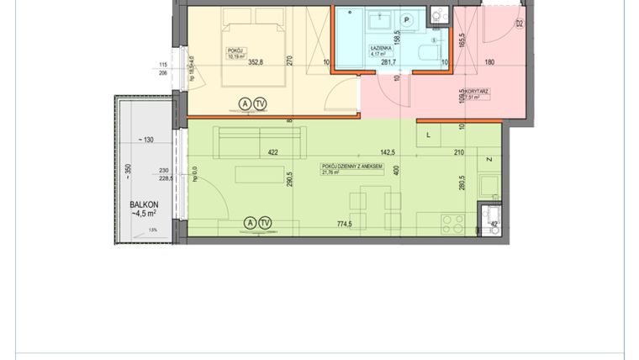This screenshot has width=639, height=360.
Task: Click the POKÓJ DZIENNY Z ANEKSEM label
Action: click(x=352, y=167)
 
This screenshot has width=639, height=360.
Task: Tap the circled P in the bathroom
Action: click(x=407, y=20)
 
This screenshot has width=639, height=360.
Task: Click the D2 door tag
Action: click(x=519, y=24)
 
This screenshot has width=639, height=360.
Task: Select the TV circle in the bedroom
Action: click(x=261, y=103)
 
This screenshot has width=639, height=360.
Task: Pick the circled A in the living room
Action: click(x=249, y=223)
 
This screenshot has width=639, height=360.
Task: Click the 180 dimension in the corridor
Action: click(x=489, y=61)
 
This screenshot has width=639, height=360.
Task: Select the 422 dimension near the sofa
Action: click(x=272, y=153)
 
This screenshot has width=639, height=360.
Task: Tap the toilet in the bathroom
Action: click(x=433, y=53)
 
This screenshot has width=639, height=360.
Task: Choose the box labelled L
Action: click(x=430, y=135)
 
